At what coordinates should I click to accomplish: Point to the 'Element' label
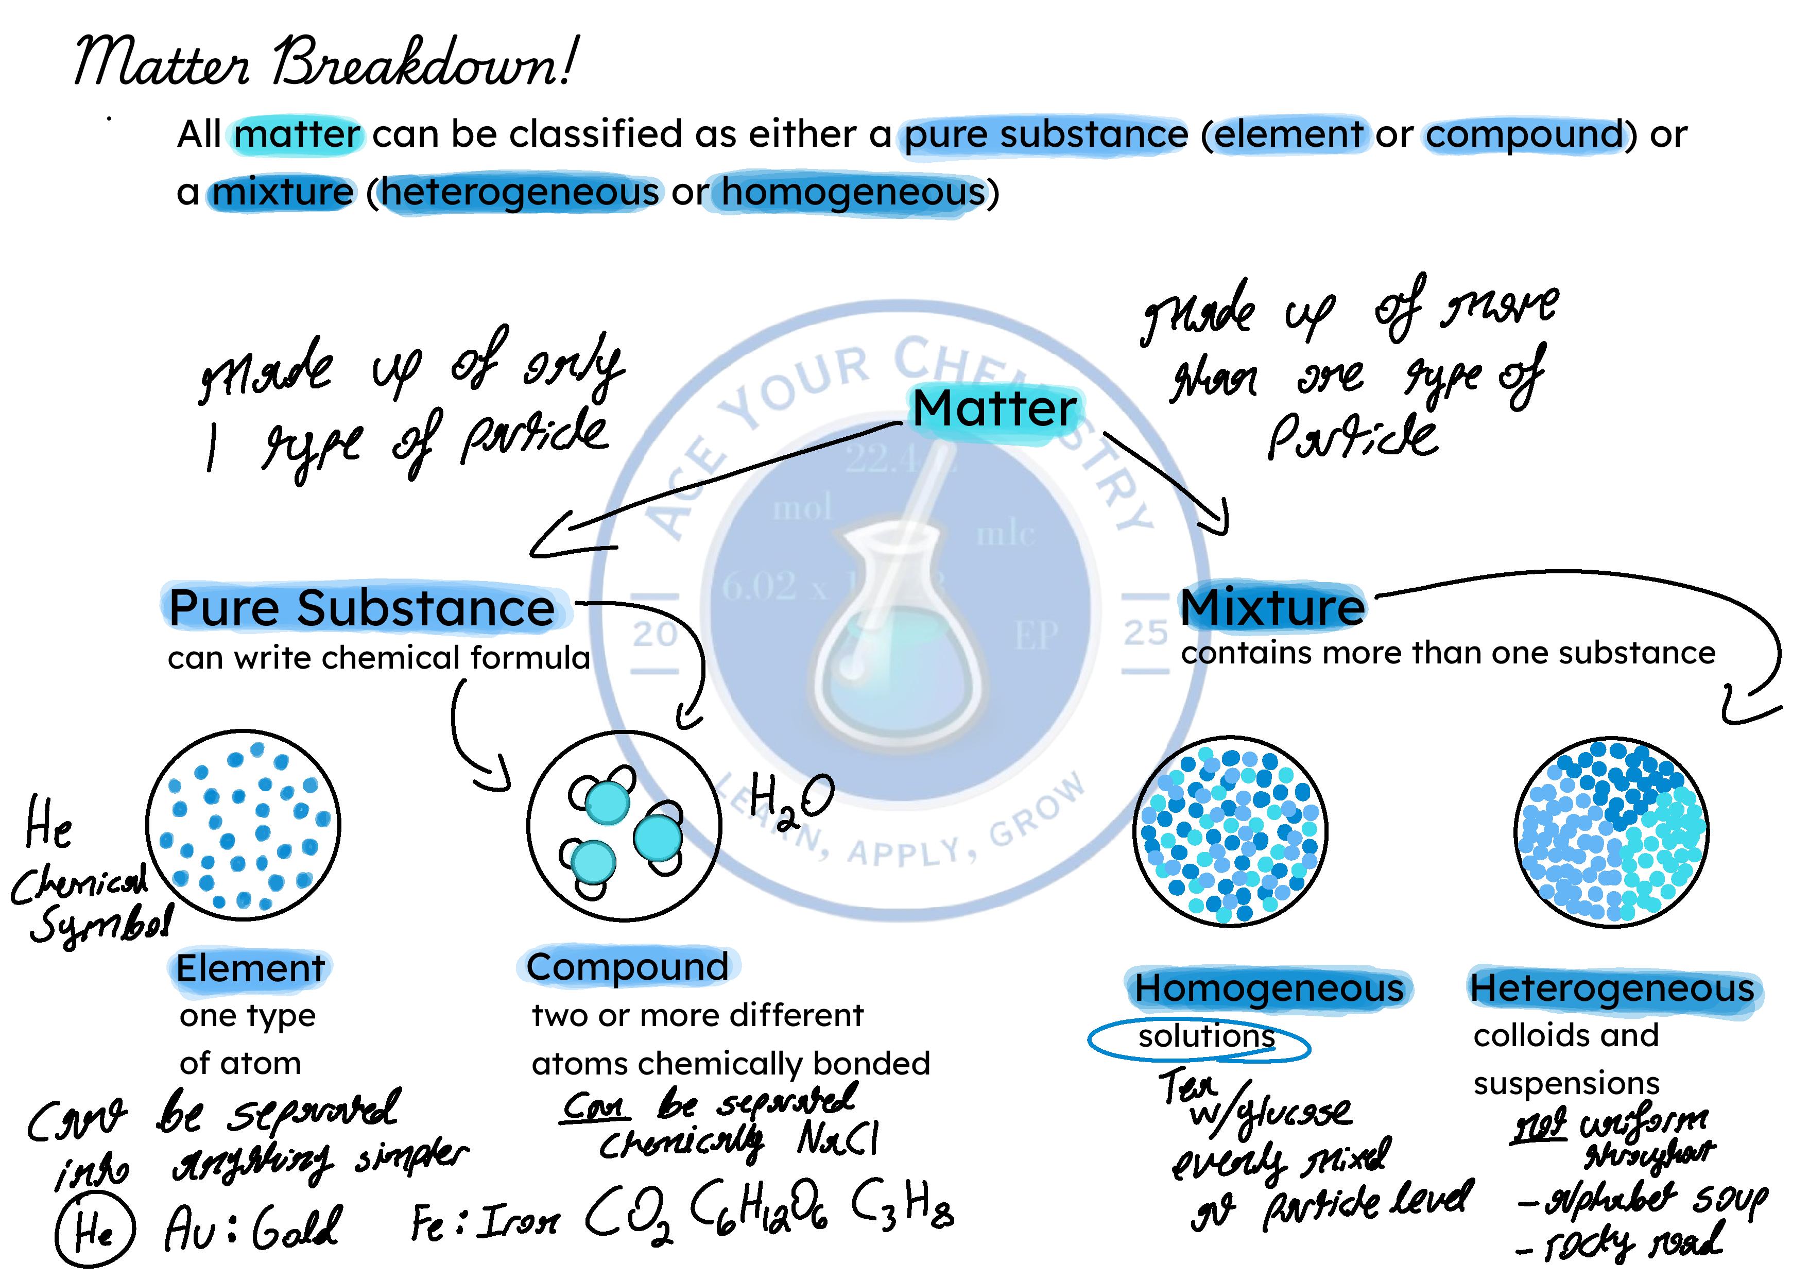pyautogui.click(x=250, y=968)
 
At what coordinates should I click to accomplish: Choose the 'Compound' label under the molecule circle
pyautogui.click(x=627, y=967)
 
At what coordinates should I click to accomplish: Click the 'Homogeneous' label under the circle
pyautogui.click(x=1268, y=988)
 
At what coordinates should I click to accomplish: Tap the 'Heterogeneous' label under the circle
pyautogui.click(x=1612, y=988)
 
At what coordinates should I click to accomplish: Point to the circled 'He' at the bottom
pyautogui.click(x=95, y=1230)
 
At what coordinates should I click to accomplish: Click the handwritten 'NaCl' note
pyautogui.click(x=837, y=1139)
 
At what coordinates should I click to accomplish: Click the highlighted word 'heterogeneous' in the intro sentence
pyautogui.click(x=520, y=192)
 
